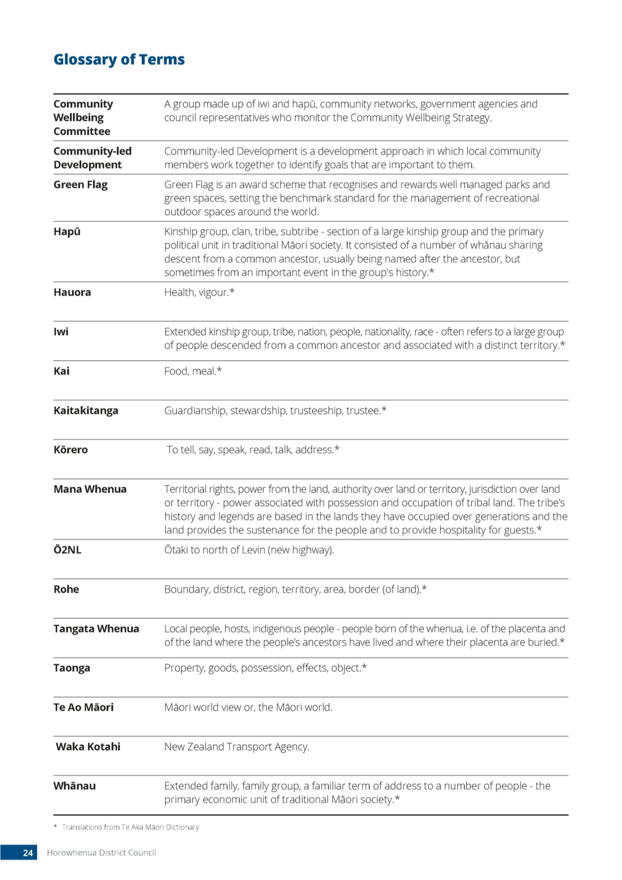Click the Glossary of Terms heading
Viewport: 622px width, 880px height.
click(x=119, y=60)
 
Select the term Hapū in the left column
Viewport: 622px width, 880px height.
click(x=67, y=232)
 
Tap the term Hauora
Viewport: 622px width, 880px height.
click(x=72, y=292)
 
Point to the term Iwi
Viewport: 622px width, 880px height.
click(x=61, y=332)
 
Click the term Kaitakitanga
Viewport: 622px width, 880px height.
click(x=86, y=411)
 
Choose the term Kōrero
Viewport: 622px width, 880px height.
click(x=71, y=450)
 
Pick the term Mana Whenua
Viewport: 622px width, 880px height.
click(x=90, y=489)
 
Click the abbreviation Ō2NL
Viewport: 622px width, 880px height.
click(x=67, y=550)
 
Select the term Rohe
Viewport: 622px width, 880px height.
click(x=66, y=589)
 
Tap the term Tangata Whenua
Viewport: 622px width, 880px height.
click(x=96, y=629)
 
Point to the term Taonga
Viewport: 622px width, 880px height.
click(x=72, y=668)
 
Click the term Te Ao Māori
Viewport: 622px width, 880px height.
click(x=83, y=707)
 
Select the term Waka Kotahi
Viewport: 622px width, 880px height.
click(x=88, y=747)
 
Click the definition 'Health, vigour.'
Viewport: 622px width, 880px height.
click(x=199, y=292)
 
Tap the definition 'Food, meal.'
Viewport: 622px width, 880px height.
click(x=193, y=371)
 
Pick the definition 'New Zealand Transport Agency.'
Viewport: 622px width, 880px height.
click(x=237, y=747)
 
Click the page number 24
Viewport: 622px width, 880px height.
click(x=28, y=853)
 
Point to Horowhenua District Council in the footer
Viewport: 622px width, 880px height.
click(x=101, y=853)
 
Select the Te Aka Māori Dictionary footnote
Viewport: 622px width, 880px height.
click(x=126, y=827)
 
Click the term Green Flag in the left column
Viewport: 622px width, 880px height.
click(x=80, y=185)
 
